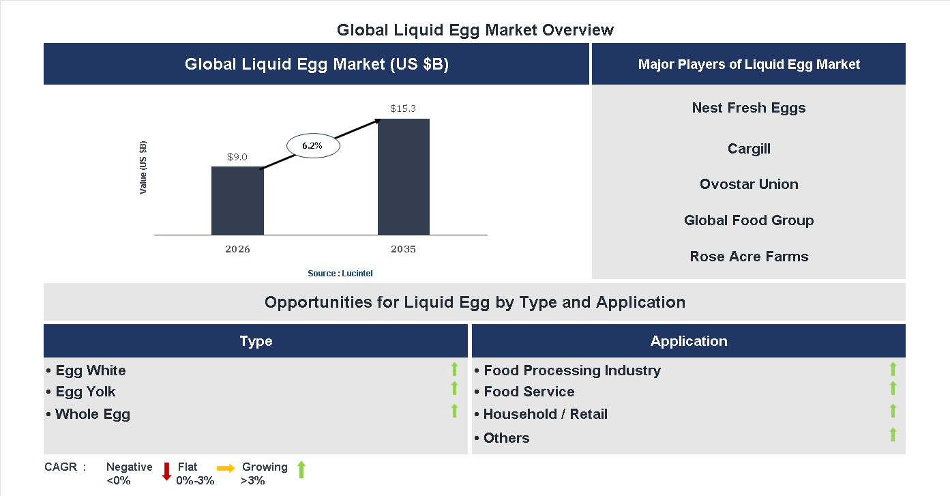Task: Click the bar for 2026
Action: click(237, 201)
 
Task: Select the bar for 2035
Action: click(404, 177)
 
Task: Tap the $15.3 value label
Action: click(403, 108)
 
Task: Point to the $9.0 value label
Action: click(237, 157)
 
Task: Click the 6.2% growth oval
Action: click(312, 145)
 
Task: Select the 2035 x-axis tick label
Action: click(403, 249)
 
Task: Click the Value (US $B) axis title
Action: click(143, 168)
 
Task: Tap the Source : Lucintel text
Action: click(340, 274)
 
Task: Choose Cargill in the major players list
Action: click(749, 149)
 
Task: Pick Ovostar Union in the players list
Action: click(749, 184)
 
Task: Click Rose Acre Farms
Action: click(749, 257)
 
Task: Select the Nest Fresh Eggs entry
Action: click(749, 108)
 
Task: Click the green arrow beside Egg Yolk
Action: click(454, 388)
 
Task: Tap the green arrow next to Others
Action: click(893, 435)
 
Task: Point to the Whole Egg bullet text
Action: click(92, 414)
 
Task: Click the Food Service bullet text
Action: click(529, 392)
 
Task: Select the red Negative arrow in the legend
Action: click(166, 471)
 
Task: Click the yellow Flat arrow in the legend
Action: click(226, 468)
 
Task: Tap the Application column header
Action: click(689, 341)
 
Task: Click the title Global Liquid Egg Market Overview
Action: click(475, 30)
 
